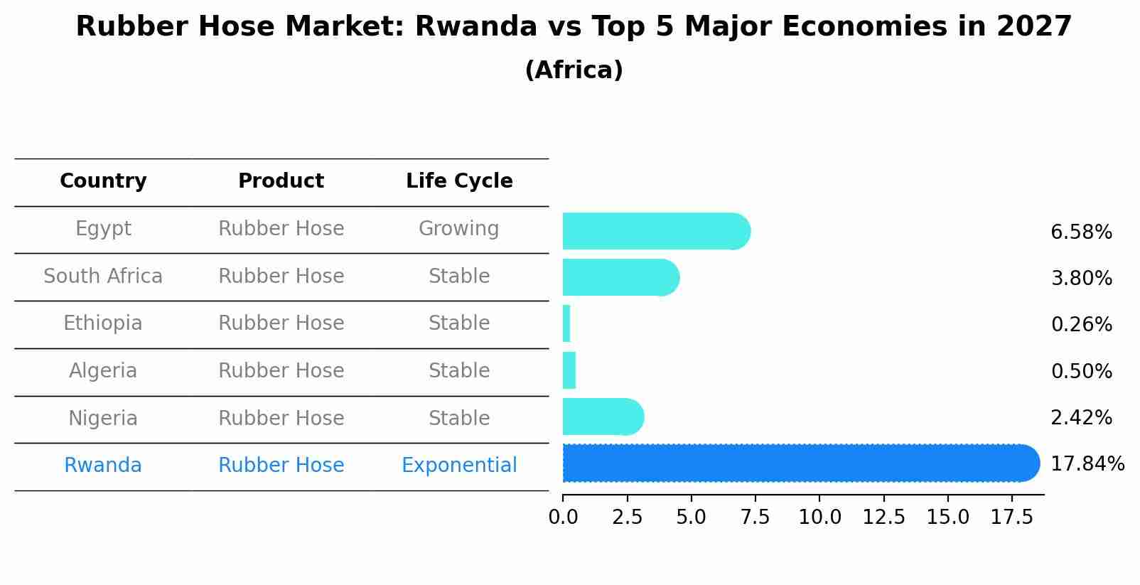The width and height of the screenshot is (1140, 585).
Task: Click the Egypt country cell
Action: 103,229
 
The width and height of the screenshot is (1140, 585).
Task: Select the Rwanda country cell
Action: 103,466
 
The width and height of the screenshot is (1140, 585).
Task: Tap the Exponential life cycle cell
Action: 459,466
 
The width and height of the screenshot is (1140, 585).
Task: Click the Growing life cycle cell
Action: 459,229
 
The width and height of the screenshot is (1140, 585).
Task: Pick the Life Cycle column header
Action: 459,181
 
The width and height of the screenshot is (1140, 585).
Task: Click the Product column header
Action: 281,181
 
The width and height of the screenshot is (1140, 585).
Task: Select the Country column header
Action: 103,181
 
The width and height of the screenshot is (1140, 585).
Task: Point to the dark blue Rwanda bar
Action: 796,463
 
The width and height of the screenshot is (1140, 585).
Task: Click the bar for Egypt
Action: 654,231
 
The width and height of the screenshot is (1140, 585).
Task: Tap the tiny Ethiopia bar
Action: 566,324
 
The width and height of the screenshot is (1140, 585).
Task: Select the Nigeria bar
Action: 601,417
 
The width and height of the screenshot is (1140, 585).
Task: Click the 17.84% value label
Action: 1087,464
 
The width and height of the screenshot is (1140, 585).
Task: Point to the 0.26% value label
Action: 1081,325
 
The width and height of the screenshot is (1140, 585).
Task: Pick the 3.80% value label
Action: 1081,279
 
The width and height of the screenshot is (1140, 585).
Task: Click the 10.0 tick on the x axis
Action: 819,517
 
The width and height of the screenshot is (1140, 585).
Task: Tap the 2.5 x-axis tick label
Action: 627,517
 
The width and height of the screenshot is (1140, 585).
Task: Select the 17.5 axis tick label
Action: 1012,517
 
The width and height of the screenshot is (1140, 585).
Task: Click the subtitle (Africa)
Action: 574,70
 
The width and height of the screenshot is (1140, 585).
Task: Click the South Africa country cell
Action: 103,277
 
